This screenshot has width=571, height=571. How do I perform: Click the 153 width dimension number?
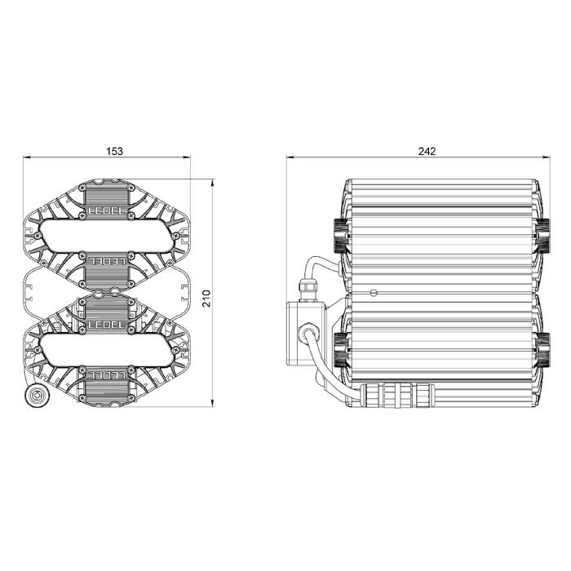click(x=115, y=151)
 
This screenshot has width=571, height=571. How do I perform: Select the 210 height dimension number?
click(x=206, y=299)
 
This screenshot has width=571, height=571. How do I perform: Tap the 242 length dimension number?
click(x=427, y=151)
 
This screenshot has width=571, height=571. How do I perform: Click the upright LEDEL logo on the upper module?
click(x=107, y=210)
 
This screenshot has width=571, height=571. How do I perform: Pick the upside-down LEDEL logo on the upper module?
click(x=107, y=261)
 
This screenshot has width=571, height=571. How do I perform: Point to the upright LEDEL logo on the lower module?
click(x=107, y=324)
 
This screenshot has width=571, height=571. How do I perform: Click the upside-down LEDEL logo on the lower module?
click(x=107, y=374)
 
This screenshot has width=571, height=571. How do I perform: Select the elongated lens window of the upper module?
click(x=106, y=236)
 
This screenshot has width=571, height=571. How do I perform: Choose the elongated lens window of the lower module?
click(x=106, y=349)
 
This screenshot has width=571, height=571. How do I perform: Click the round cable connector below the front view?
click(x=38, y=395)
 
